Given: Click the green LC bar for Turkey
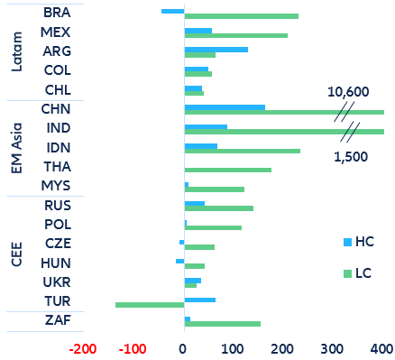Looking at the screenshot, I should (x=150, y=305).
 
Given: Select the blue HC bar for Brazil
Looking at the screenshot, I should (x=172, y=11).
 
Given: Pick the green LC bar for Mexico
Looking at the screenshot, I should (x=235, y=36).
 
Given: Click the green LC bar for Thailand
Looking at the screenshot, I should (x=227, y=170).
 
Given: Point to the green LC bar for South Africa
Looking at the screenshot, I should (x=222, y=323).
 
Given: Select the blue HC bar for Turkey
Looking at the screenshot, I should (x=199, y=299).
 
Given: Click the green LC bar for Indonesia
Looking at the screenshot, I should (x=242, y=151).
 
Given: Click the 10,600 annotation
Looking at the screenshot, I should (x=348, y=92).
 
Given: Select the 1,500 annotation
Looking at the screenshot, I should (x=351, y=156).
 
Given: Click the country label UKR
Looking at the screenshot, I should (x=57, y=282).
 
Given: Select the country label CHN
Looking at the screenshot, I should (x=57, y=108).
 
